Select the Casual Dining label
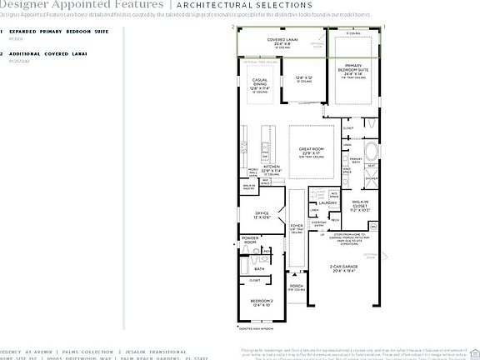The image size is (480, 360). [x=260, y=83]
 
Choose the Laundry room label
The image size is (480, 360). [x=327, y=202]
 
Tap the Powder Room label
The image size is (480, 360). [x=251, y=240]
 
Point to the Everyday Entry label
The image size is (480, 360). [x=318, y=222]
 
